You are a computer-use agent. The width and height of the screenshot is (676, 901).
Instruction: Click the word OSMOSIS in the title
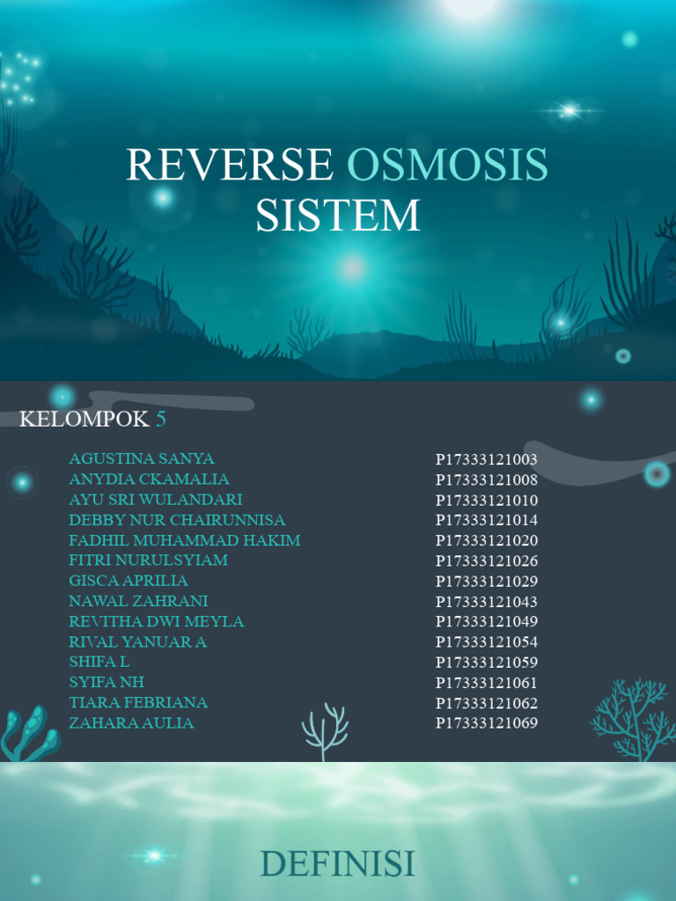[x=447, y=165]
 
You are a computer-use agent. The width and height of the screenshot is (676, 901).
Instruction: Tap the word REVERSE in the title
[x=230, y=165]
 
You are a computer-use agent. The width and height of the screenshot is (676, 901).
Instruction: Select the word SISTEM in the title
[x=338, y=216]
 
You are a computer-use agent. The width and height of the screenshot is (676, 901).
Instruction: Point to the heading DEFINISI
[x=338, y=864]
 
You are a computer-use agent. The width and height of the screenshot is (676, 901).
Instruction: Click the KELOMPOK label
[x=84, y=419]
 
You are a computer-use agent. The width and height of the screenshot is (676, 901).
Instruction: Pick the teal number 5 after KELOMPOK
[x=160, y=419]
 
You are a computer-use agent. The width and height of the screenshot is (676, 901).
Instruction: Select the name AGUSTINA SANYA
[x=142, y=458]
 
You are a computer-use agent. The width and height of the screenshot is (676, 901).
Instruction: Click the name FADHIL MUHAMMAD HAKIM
[x=185, y=540]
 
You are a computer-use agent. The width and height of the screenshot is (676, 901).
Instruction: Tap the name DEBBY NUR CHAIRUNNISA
[x=177, y=520]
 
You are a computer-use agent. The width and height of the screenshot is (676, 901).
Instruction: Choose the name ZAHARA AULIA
[x=131, y=723]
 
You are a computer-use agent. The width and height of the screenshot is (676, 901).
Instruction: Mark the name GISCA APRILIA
[x=129, y=581]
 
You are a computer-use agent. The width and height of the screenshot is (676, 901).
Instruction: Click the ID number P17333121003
[x=487, y=459]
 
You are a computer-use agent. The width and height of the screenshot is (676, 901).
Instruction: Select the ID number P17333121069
[x=487, y=723]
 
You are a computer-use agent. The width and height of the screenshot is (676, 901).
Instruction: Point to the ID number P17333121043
[x=487, y=602]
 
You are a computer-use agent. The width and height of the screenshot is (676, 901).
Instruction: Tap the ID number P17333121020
[x=487, y=540]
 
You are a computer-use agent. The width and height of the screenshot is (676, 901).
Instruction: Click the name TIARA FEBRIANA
[x=138, y=703]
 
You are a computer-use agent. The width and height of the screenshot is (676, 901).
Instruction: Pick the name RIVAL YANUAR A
[x=138, y=641]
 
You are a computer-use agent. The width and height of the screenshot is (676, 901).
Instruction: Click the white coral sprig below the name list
[x=325, y=731]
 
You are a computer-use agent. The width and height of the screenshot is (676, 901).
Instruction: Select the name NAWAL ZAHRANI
[x=138, y=601]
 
